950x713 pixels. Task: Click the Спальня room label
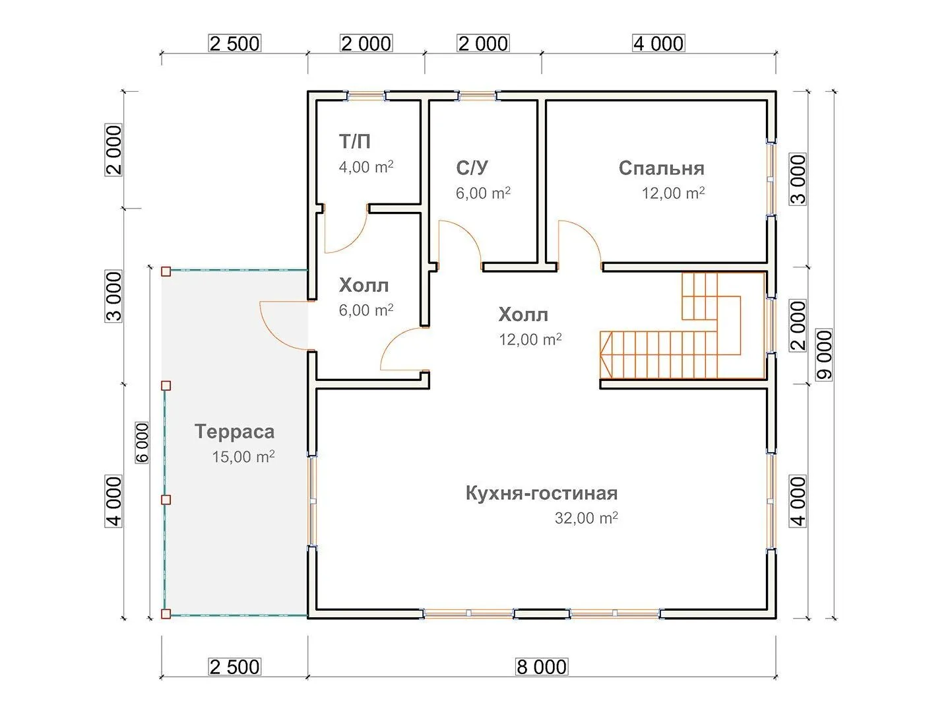point(661,168)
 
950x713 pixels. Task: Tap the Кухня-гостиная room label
point(541,493)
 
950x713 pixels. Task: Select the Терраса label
point(234,432)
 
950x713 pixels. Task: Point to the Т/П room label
point(354,141)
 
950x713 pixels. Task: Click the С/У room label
point(472,168)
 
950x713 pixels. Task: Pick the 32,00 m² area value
point(586,518)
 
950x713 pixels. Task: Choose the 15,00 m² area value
point(243,456)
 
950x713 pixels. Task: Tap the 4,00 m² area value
point(366,167)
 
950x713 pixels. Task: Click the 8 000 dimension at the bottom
point(541,667)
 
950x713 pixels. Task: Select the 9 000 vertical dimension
point(824,355)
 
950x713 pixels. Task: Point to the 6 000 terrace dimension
point(142,442)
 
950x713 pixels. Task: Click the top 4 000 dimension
point(658,44)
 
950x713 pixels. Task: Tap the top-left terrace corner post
point(166,271)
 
